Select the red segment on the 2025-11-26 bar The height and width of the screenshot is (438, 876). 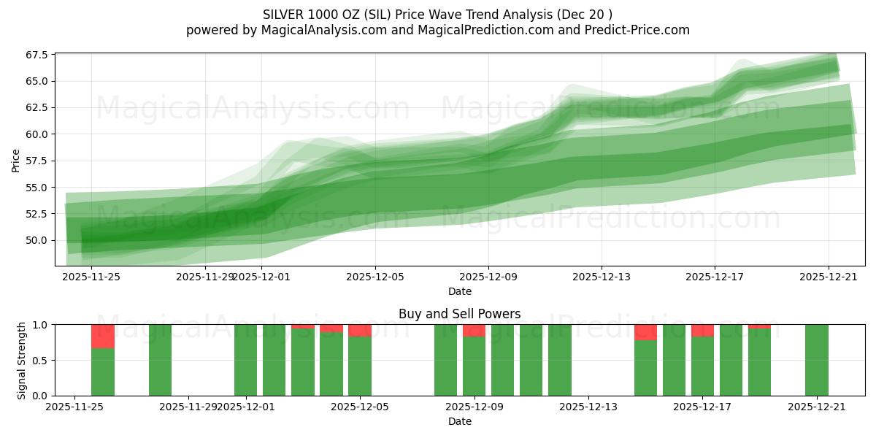[x=103, y=337]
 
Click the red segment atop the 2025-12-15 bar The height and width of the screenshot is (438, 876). [x=645, y=332]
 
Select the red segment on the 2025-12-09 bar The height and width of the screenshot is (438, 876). [x=474, y=330]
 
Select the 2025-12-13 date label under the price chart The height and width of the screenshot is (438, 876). [x=602, y=277]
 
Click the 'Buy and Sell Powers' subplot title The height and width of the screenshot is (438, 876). [x=460, y=314]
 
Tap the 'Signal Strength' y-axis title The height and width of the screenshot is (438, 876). [x=22, y=360]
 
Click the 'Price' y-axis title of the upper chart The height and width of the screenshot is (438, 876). [x=16, y=159]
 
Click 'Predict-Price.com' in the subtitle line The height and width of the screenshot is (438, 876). [x=638, y=30]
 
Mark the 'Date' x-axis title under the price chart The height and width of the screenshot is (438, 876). [x=460, y=291]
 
